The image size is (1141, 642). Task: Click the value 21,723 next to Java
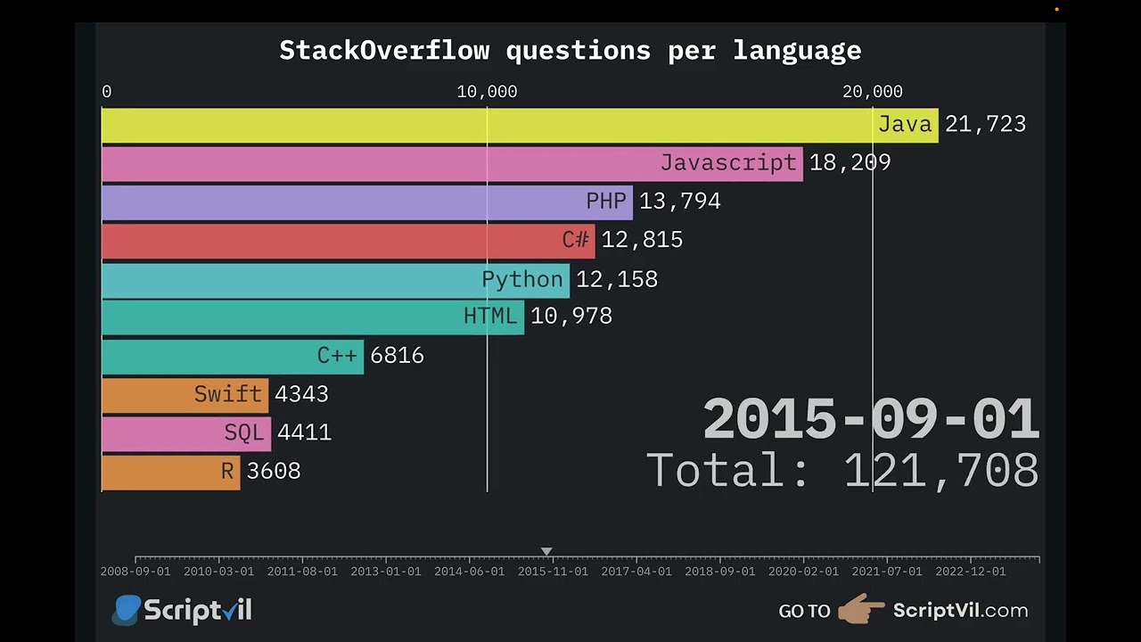(x=985, y=125)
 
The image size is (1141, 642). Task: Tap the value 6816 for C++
(x=397, y=356)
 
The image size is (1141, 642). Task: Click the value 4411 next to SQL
(x=304, y=433)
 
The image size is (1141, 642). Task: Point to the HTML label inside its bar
(x=489, y=317)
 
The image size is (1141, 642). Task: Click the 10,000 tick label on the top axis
(x=487, y=92)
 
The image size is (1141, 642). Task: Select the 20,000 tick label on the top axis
(x=873, y=92)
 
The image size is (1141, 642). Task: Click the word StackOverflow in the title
(x=384, y=51)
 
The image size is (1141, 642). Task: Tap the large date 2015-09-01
(x=871, y=419)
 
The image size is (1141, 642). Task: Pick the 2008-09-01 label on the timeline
(x=135, y=572)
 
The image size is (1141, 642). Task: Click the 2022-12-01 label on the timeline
(x=970, y=572)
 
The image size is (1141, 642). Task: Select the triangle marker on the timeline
(x=546, y=552)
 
